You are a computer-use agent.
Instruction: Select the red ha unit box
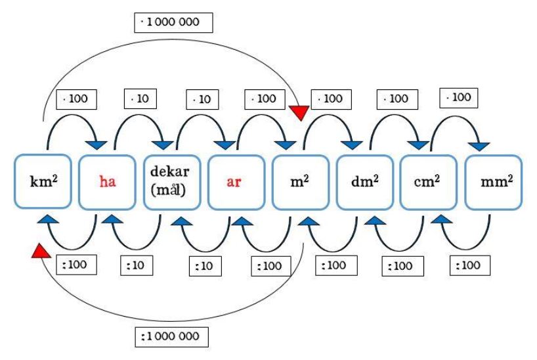106,182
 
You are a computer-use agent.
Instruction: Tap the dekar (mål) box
171,182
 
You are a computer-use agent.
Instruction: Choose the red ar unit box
234,182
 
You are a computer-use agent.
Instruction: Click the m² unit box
299,182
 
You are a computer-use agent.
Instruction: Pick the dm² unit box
363,182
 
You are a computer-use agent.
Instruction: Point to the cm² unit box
427,182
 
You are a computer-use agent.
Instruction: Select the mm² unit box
492,182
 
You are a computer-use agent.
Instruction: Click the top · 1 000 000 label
174,23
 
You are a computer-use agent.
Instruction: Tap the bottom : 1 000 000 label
174,337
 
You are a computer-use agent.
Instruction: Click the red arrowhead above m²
299,113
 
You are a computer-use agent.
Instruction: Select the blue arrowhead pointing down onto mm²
483,144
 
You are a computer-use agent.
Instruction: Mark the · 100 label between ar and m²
262,99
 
